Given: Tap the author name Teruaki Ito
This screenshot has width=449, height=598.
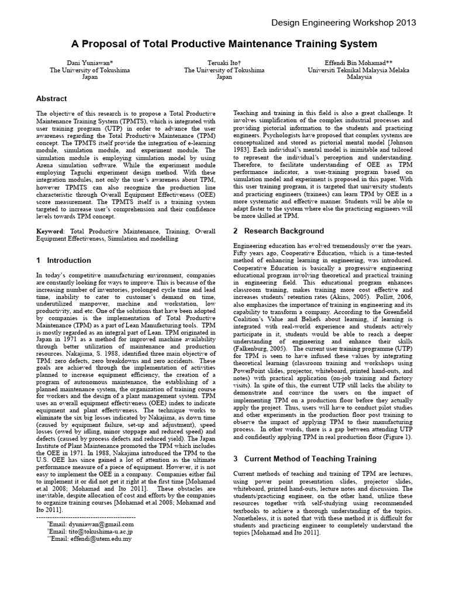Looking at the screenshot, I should (224, 62).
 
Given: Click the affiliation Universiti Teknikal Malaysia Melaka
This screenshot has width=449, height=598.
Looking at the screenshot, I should (358, 69).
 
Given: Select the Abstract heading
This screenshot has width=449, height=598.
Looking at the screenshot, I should (51, 99).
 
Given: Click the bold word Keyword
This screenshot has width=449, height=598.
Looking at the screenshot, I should (51, 231).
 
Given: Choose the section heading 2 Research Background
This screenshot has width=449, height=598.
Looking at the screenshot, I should (278, 231).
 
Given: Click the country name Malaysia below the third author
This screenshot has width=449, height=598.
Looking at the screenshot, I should (358, 77).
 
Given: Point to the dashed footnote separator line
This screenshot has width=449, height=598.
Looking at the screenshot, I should (85, 517).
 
